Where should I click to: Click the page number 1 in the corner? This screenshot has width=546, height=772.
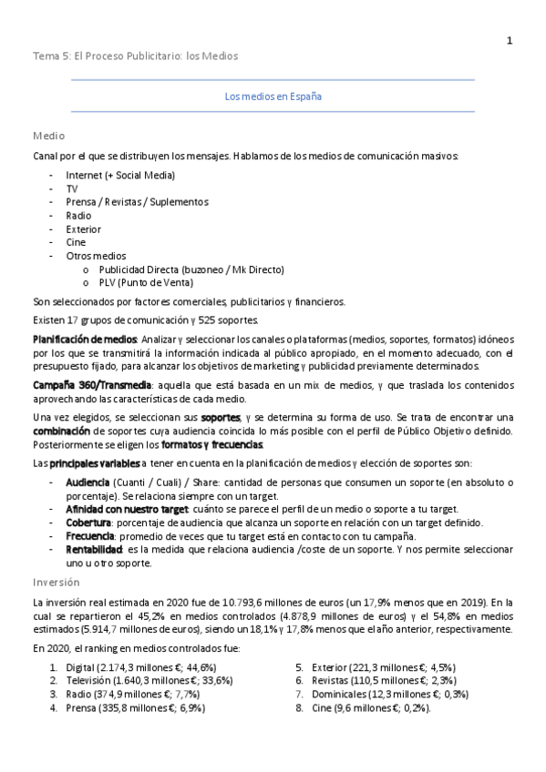tap(510, 40)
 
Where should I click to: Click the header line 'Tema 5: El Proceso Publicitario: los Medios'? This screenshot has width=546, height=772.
tap(135, 56)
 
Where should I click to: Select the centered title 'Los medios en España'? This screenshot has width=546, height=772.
tap(273, 96)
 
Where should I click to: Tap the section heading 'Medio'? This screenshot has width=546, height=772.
tap(48, 135)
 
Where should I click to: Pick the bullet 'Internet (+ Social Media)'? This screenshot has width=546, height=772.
tap(120, 175)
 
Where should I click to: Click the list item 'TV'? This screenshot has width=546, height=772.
tap(72, 188)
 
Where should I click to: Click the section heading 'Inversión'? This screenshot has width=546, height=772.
tap(57, 581)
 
